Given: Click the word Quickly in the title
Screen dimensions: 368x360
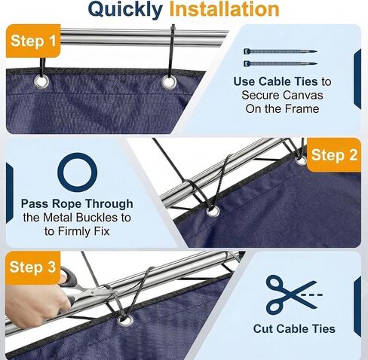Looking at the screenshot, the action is point(125,10).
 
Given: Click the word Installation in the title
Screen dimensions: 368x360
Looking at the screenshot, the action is point(224,9).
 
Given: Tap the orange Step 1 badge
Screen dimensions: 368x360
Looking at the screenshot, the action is point(33,41).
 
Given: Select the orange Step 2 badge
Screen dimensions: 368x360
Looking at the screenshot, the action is point(334,154).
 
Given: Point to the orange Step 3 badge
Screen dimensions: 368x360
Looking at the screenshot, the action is point(32,267).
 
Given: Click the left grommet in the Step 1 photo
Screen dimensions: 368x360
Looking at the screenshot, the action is point(41,81).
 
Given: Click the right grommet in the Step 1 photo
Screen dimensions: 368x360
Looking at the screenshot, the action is point(169,82).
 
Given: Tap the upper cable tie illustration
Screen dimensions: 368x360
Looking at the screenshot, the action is point(281,51).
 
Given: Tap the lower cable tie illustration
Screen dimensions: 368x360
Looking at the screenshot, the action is point(281,63).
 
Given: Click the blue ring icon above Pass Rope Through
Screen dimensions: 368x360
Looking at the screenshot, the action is point(78,154).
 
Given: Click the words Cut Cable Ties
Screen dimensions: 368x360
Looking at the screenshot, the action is point(294,328).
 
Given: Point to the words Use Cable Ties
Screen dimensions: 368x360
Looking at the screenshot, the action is point(275,81).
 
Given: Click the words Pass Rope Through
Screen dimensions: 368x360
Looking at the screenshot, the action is point(77,204).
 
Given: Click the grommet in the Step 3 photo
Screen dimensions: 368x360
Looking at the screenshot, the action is point(125,319).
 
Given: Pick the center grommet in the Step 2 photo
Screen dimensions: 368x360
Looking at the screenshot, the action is point(213,212).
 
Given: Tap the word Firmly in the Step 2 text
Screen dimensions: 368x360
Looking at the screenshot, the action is point(74,231).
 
